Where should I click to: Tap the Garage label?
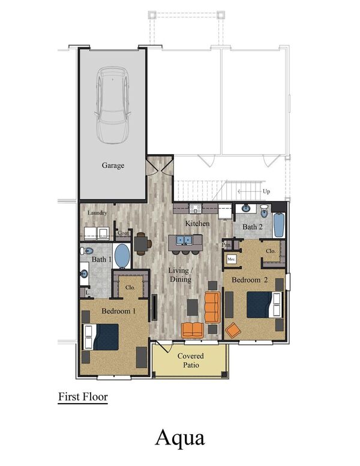click(113, 166)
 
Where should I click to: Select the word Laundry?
click(97, 213)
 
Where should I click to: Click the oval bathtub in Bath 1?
click(124, 256)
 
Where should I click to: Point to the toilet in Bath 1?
click(88, 251)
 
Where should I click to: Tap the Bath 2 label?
click(253, 227)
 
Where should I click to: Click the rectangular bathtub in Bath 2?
click(277, 226)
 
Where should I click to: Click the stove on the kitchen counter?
click(195, 209)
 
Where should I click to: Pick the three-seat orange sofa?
click(212, 306)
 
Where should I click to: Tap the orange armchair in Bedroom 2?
click(233, 329)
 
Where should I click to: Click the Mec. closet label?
click(232, 258)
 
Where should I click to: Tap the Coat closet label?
click(124, 233)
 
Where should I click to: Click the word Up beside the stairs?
click(266, 191)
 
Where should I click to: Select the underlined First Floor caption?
click(82, 396)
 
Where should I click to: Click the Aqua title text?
click(180, 437)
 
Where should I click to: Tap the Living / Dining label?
click(179, 275)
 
